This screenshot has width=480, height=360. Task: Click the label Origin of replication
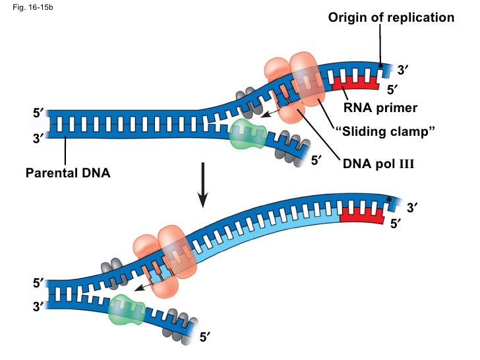click(391, 18)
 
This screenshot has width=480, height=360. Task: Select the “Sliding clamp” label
click(386, 133)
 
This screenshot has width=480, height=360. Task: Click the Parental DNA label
click(68, 173)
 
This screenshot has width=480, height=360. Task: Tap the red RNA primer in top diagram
click(355, 83)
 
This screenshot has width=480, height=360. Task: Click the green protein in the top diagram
click(247, 136)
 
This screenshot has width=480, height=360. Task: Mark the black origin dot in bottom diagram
click(390, 199)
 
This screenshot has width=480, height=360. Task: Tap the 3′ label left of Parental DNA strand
click(38, 138)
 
